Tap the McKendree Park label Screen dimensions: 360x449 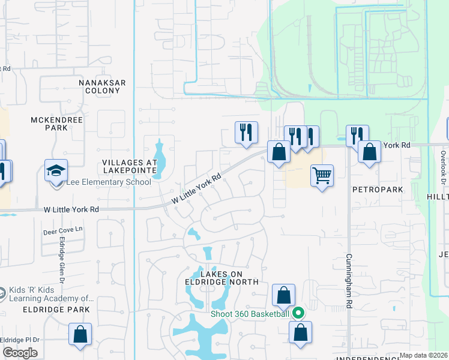tap(58, 124)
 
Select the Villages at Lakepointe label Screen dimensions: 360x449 tap(130, 166)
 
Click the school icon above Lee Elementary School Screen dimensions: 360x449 tap(56, 171)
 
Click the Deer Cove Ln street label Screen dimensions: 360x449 tap(62, 230)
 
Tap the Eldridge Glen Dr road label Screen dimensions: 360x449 tap(61, 258)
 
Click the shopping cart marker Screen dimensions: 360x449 tap(322, 176)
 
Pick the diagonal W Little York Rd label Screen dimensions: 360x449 tap(197, 188)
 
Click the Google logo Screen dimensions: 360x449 tap(20, 353)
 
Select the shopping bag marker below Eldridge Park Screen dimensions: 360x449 tap(80, 334)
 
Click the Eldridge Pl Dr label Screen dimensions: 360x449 tap(19, 340)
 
